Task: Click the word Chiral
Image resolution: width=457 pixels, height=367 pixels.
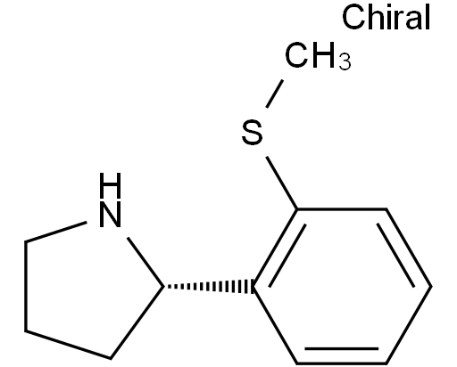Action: pyautogui.click(x=386, y=17)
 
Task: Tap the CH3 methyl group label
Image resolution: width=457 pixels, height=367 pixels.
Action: pyautogui.click(x=318, y=55)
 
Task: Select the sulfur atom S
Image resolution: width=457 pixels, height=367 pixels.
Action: pyautogui.click(x=253, y=133)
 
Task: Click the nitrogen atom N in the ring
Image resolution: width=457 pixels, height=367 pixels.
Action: pyautogui.click(x=110, y=215)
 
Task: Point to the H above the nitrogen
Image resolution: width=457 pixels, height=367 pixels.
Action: pyautogui.click(x=110, y=185)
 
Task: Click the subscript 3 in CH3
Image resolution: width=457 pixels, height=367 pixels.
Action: pyautogui.click(x=345, y=61)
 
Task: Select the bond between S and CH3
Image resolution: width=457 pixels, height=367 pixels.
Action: pyautogui.click(x=274, y=94)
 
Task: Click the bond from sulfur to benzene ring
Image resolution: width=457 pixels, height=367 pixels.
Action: pyautogui.click(x=282, y=183)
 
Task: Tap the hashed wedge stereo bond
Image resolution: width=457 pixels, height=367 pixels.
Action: pyautogui.click(x=208, y=287)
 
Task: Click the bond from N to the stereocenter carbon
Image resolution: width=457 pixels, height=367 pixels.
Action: pyautogui.click(x=145, y=262)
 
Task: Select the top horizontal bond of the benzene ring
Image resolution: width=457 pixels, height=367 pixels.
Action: pyautogui.click(x=342, y=209)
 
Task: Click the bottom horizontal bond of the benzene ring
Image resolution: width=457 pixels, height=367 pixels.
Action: pyautogui.click(x=342, y=363)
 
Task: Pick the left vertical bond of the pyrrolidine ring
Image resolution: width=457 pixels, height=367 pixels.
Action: pyautogui.click(x=26, y=286)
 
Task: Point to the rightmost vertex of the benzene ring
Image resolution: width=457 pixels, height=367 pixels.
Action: pyautogui.click(x=431, y=286)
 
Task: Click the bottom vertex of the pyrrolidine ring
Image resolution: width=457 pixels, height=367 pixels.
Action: pyautogui.click(x=111, y=358)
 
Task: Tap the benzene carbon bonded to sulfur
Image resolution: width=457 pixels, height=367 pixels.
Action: pyautogui.click(x=297, y=209)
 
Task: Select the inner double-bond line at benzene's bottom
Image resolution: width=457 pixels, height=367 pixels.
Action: pyautogui.click(x=342, y=348)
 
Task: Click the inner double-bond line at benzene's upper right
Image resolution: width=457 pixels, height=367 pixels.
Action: pyautogui.click(x=395, y=255)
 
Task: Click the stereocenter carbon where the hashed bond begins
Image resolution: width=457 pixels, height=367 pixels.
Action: pyautogui.click(x=164, y=287)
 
